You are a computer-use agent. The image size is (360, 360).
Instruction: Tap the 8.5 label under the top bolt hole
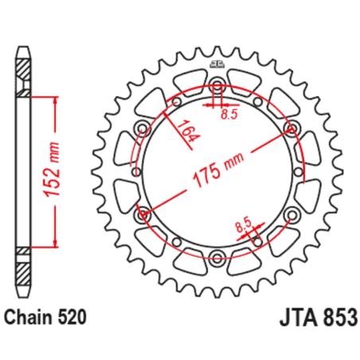(229, 114)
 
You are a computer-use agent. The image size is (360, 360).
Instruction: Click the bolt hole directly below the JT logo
(217, 86)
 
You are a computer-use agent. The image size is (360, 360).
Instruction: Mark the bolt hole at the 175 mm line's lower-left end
(143, 213)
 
